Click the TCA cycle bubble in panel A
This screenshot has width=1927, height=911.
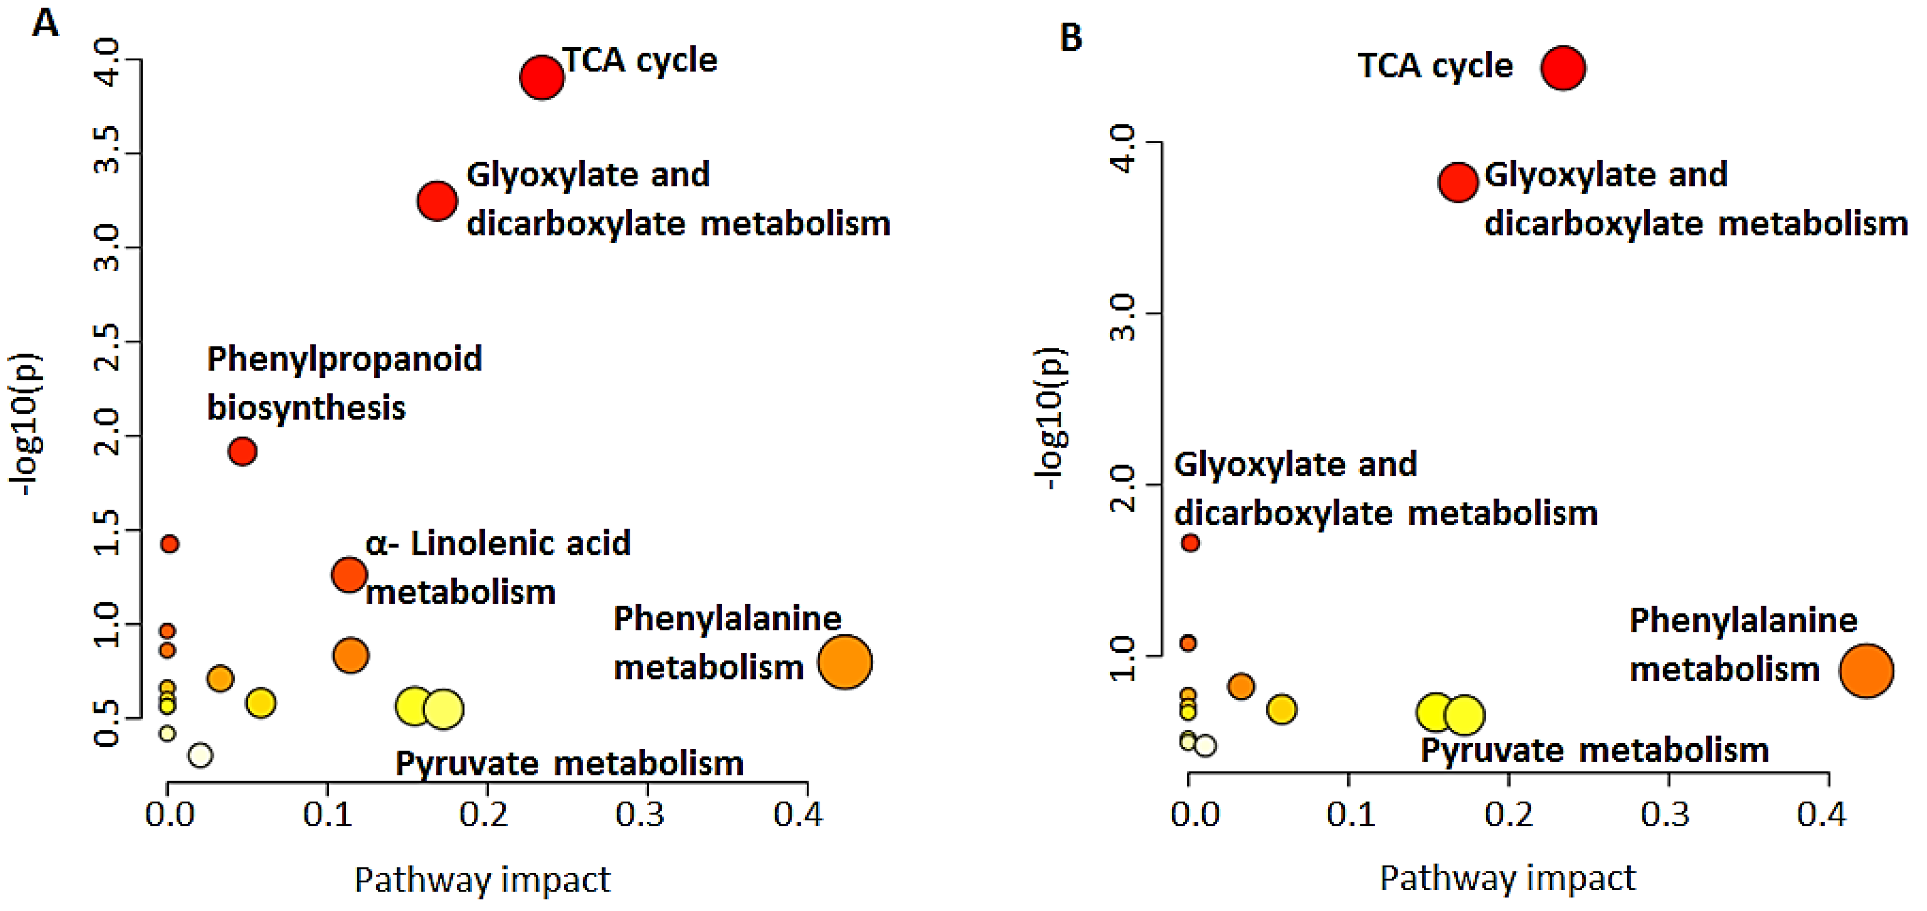click(x=542, y=76)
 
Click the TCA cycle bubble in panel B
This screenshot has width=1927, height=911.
click(x=1563, y=68)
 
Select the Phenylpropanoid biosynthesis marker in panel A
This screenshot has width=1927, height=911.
click(x=242, y=451)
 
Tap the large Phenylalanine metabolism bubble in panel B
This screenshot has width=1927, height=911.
click(x=1866, y=671)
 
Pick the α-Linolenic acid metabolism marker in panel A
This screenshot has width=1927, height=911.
click(x=349, y=574)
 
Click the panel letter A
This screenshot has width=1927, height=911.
click(x=45, y=24)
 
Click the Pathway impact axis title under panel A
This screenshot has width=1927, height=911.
click(x=483, y=880)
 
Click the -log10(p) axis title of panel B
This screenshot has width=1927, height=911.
click(x=1051, y=419)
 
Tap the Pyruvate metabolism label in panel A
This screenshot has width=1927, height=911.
click(x=569, y=764)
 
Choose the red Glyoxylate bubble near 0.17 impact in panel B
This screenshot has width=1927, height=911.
click(x=1458, y=182)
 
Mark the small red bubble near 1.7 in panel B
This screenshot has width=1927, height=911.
click(x=1190, y=543)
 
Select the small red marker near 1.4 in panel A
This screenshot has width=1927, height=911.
click(x=170, y=544)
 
